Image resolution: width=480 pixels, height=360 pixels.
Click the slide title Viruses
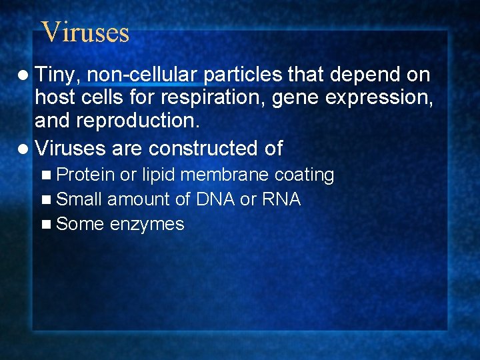click(85, 31)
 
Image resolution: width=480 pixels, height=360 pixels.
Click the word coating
click(304, 175)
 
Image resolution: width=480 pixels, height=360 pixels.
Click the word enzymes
click(147, 224)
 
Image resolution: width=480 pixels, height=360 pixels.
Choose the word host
click(55, 99)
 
